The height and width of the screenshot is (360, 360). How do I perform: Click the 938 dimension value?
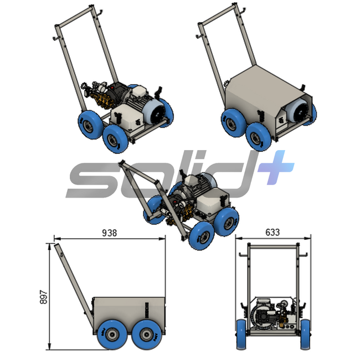click(x=109, y=233)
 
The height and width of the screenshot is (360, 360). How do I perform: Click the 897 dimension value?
click(x=44, y=297)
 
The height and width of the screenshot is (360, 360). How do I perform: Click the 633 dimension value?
click(x=272, y=232)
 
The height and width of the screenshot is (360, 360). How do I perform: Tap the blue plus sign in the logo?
click(x=275, y=167)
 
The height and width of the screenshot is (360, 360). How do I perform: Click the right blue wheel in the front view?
click(x=306, y=335)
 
